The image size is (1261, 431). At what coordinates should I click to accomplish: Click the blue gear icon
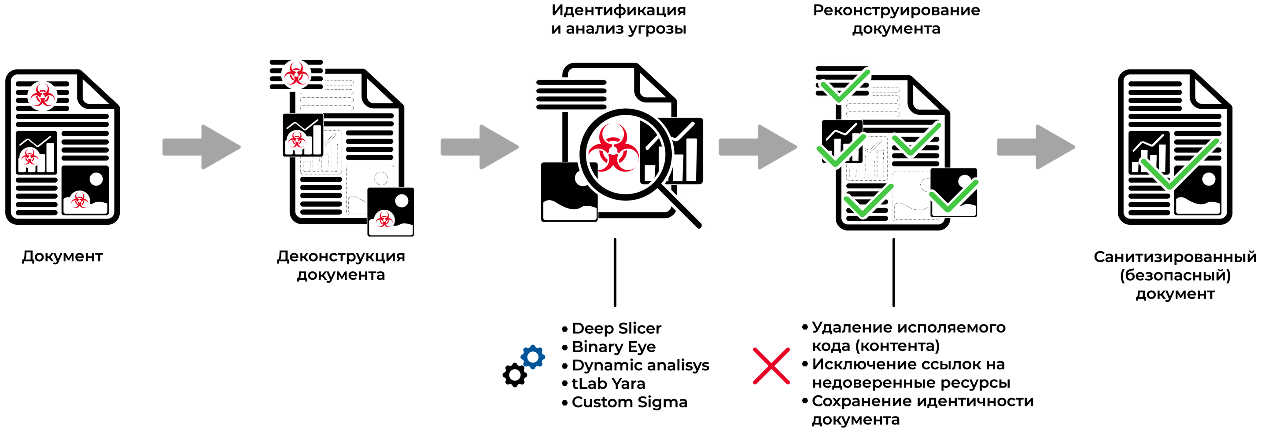[x=533, y=357]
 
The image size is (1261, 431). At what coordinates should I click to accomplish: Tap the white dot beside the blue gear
[x=515, y=375]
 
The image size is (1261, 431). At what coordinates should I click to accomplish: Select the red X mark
[x=771, y=366]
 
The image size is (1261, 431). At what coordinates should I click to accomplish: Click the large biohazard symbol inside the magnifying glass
[x=612, y=149]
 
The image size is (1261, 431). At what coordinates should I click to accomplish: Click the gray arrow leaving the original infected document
[x=202, y=147]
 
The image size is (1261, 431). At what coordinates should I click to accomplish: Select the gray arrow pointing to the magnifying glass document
[x=480, y=147]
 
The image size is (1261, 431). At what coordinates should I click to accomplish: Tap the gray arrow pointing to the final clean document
[x=1036, y=147]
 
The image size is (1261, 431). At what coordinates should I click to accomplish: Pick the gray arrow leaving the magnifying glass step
[x=758, y=147]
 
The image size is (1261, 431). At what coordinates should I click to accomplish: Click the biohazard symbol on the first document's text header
[x=42, y=95]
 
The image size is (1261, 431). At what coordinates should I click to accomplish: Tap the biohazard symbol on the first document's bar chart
[x=29, y=158]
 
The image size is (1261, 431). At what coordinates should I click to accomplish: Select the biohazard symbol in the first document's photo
[x=78, y=200]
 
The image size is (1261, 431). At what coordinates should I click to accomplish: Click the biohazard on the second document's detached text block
[x=296, y=74]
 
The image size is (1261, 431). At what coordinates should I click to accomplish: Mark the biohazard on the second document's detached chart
[x=296, y=140]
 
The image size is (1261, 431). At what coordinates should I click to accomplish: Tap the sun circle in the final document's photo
[x=1209, y=179]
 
